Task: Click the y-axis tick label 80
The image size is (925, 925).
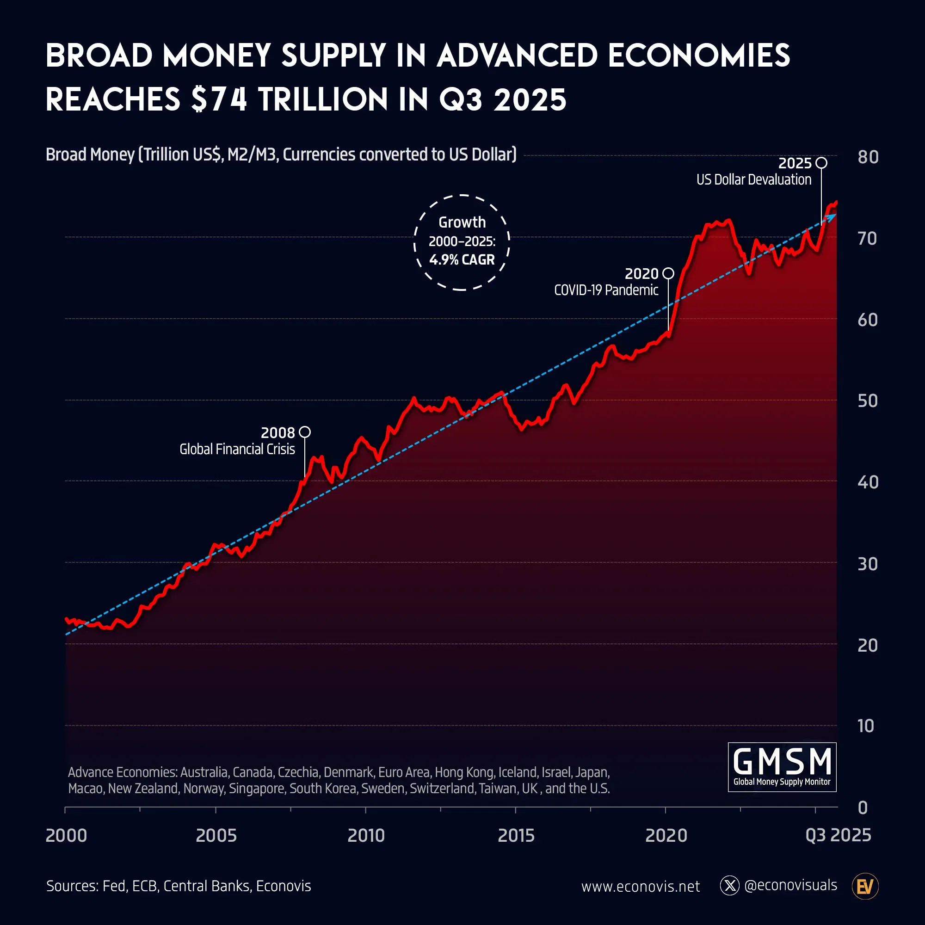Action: point(868,158)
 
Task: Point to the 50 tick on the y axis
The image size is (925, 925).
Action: point(868,401)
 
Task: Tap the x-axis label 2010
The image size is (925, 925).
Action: point(366,835)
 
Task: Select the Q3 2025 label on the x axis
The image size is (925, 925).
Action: point(838,835)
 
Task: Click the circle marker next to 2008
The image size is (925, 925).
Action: point(304,432)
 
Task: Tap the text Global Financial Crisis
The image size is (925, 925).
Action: point(237,449)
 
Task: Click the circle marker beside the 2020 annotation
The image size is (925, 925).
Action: point(668,273)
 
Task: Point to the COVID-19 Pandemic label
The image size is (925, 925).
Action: point(606,290)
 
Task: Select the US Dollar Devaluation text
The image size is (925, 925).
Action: point(753,179)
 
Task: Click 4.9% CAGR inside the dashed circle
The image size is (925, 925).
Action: point(462,260)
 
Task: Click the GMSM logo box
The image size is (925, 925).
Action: point(782,766)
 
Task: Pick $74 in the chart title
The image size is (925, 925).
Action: point(219,99)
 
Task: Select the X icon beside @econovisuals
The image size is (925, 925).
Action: point(729,886)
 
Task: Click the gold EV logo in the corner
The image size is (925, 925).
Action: point(865,886)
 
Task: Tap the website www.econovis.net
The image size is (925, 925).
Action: point(640,887)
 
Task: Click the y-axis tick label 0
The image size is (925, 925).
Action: point(863,808)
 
